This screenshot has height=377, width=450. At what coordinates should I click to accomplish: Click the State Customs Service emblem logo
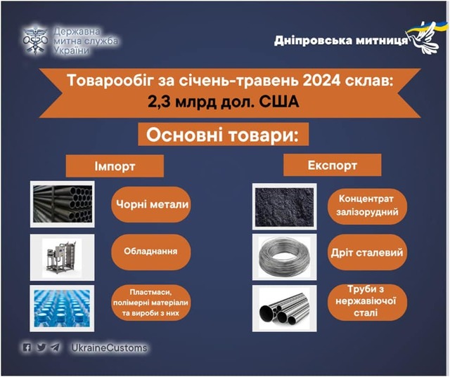pyautogui.click(x=35, y=40)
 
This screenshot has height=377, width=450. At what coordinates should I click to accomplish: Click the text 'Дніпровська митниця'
pyautogui.click(x=340, y=41)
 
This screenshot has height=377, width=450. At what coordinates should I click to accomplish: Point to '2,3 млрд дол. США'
pyautogui.click(x=224, y=101)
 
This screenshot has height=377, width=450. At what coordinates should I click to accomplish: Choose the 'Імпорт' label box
pyautogui.click(x=115, y=166)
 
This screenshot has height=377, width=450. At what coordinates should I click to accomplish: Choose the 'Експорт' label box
pyautogui.click(x=333, y=165)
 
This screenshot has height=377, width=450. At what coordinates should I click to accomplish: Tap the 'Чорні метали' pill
pyautogui.click(x=151, y=204)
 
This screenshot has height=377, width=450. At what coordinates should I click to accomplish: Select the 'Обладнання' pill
pyautogui.click(x=151, y=252)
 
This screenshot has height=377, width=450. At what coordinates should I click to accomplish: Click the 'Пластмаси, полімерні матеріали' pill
pyautogui.click(x=151, y=303)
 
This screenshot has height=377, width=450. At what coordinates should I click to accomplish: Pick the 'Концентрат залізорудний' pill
pyautogui.click(x=367, y=206)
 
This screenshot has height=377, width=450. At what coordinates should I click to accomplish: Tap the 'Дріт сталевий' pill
pyautogui.click(x=367, y=253)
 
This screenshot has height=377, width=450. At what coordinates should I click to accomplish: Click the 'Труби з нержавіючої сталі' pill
pyautogui.click(x=367, y=302)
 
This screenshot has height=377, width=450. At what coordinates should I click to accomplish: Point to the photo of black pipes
pyautogui.click(x=63, y=204)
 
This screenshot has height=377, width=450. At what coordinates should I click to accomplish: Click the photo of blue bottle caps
pyautogui.click(x=62, y=308)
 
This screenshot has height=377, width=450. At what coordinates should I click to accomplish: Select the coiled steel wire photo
pyautogui.click(x=284, y=257)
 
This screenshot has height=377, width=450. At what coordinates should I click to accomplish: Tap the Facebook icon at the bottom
pyautogui.click(x=27, y=348)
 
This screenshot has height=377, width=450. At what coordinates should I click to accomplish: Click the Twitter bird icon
pyautogui.click(x=41, y=348)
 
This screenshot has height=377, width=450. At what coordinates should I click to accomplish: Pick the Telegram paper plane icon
pyautogui.click(x=55, y=348)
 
